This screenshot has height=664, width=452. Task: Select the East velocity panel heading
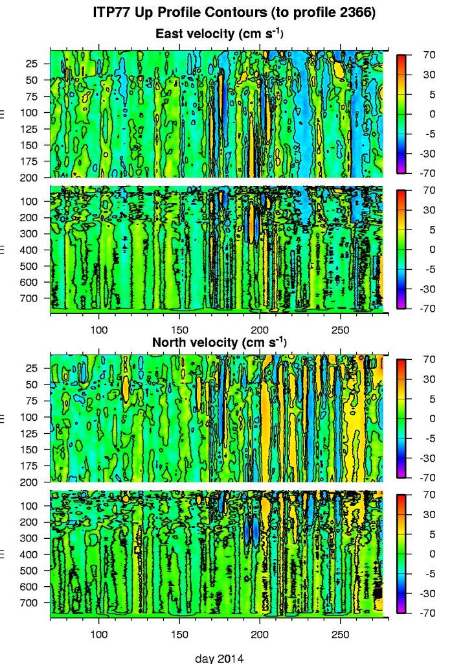[x=221, y=33]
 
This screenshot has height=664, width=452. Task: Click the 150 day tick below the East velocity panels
[x=179, y=329]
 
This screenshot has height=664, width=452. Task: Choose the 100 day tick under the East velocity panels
[x=99, y=329]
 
